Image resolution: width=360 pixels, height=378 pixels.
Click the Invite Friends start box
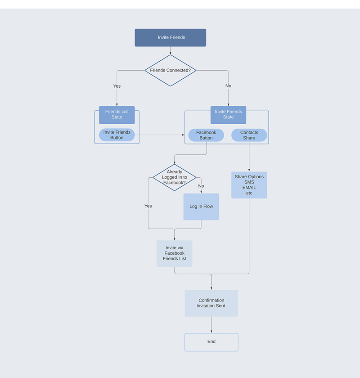pos(171,38)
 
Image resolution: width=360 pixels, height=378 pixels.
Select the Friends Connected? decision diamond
pos(171,70)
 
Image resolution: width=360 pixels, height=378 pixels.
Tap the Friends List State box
pos(117,115)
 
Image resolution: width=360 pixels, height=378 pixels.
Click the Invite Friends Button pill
pos(117,135)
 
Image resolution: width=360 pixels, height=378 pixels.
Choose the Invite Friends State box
pos(228,115)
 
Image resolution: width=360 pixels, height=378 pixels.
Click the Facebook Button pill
pos(206,135)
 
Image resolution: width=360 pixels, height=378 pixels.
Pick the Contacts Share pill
pos(249,135)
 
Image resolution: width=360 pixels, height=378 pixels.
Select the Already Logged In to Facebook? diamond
pos(175,177)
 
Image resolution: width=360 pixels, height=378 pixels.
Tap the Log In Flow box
pos(201,207)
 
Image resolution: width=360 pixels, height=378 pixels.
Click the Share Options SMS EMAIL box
pos(249,185)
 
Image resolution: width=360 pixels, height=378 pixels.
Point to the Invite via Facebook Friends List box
pos(175,253)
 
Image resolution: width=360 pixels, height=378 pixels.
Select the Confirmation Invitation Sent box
pos(211,303)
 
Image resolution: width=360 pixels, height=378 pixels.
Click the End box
pos(211,342)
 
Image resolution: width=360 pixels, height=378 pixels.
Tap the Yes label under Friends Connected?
pos(117,86)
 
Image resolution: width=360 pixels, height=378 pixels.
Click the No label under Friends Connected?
pos(228,86)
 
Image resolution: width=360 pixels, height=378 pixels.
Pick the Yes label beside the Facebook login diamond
pos(148,206)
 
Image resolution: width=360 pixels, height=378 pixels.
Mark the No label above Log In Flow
pos(201,186)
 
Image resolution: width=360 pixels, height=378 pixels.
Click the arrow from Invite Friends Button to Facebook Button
pos(160,135)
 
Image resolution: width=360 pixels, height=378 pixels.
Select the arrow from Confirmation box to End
pos(211,325)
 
